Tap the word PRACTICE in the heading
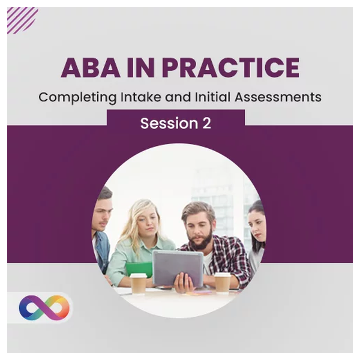click(232, 67)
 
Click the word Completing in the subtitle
click(77, 98)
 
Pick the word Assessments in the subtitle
click(278, 97)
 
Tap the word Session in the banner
click(169, 123)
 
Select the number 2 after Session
click(206, 123)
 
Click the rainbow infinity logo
click(44, 308)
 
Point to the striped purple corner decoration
click(22, 20)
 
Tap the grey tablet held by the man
click(178, 267)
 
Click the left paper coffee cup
click(138, 283)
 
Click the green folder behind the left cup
click(139, 269)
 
